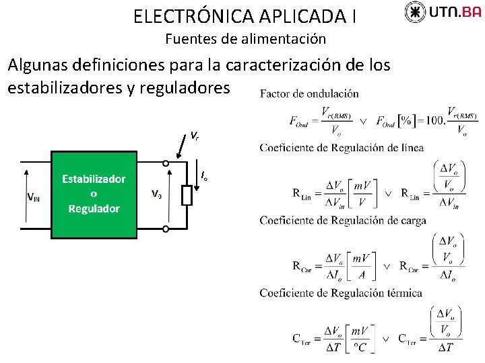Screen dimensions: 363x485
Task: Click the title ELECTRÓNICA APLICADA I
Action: tap(245, 15)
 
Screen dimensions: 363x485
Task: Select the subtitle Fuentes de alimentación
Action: tap(245, 39)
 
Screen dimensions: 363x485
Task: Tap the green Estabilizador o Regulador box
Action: tap(94, 194)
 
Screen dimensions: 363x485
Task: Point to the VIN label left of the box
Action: tap(33, 196)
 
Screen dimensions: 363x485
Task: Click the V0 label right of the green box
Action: tap(156, 195)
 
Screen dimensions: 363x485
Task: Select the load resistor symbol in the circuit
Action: tap(187, 195)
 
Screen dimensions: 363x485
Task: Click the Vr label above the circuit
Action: tap(194, 136)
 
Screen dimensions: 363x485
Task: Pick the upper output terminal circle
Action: tap(166, 162)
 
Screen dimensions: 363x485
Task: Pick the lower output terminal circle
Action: tap(166, 229)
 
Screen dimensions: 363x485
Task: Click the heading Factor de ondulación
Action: tap(309, 93)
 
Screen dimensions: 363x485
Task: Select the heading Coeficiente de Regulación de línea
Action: tap(342, 147)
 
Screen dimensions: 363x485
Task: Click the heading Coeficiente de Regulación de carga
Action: tap(342, 220)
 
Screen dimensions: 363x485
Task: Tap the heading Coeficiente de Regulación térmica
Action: tap(341, 292)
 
